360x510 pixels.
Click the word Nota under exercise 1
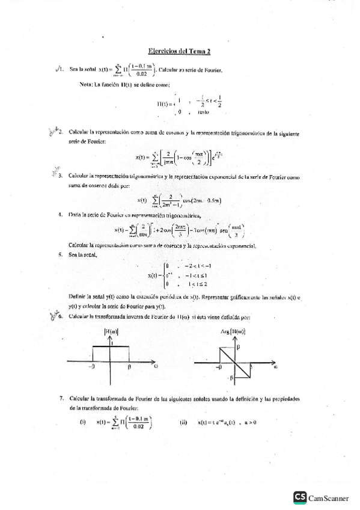point(87,84)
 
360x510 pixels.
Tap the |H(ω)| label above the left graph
point(111,331)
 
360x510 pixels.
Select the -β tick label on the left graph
point(92,366)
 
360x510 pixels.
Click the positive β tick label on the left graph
point(129,366)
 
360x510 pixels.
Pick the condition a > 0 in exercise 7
point(248,422)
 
